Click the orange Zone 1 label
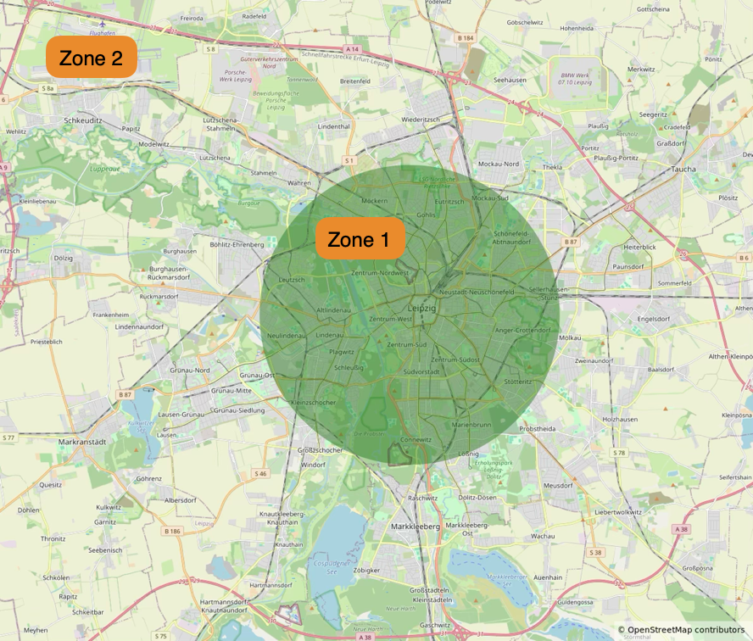[x=359, y=240]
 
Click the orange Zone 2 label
[x=91, y=59]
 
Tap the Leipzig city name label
[x=421, y=309]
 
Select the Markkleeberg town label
[x=415, y=526]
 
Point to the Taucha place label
[x=682, y=169]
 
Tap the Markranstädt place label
[x=86, y=442]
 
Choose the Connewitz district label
[x=416, y=439]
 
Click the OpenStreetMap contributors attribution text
[x=685, y=630]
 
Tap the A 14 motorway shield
[x=353, y=50]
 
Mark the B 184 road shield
[x=464, y=38]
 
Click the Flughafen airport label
[x=101, y=33]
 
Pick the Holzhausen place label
[x=619, y=419]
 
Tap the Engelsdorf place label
[x=655, y=320]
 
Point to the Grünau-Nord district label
[x=190, y=370]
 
